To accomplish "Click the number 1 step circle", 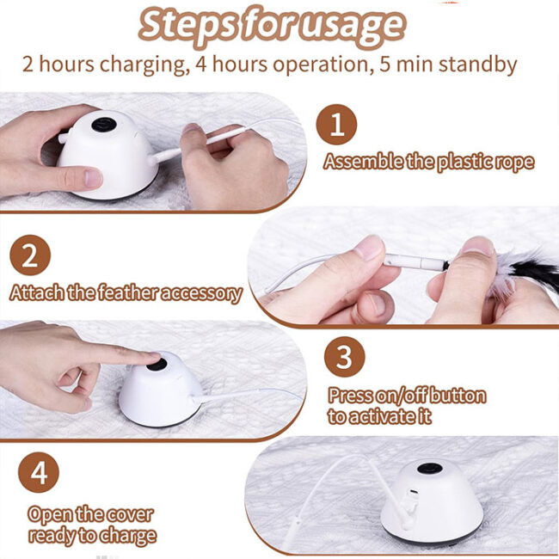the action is [x=336, y=125].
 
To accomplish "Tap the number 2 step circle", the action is [x=30, y=255].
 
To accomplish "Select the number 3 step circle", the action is [x=344, y=357].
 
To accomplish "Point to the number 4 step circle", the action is [x=39, y=472].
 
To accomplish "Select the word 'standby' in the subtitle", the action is [x=477, y=65].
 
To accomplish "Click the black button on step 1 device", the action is [x=104, y=125].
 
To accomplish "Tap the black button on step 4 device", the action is [x=430, y=468].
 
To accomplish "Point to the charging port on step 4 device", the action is [x=415, y=492].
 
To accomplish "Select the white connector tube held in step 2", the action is [x=414, y=262].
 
